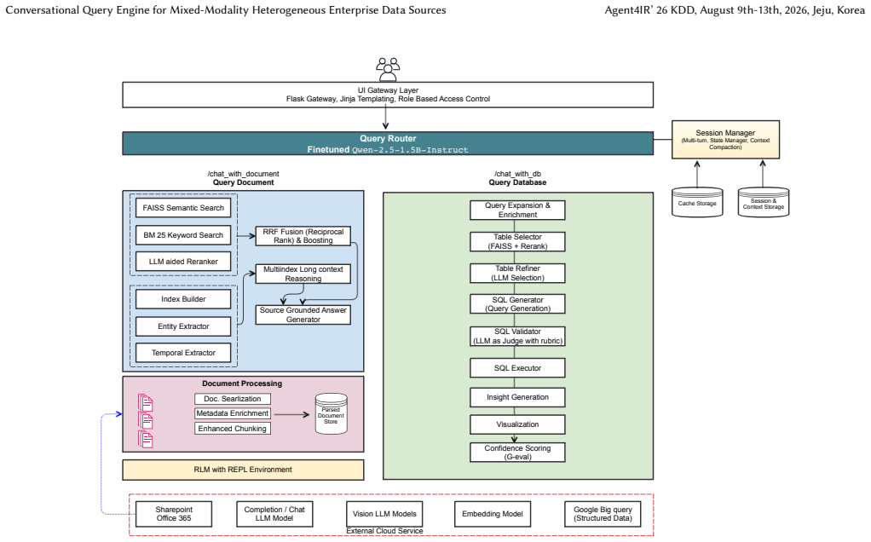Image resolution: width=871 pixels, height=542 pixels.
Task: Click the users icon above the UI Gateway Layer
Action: pos(388,69)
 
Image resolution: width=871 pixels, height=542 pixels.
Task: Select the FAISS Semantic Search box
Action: pos(183,208)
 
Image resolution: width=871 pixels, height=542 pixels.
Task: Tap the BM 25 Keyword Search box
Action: pos(183,235)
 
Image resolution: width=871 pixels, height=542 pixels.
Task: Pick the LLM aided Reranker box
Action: pos(183,262)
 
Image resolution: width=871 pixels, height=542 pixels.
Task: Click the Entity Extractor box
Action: pos(183,326)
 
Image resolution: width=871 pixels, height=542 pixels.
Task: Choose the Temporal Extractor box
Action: pos(183,353)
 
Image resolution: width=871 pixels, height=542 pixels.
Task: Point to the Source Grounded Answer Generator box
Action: pos(303,314)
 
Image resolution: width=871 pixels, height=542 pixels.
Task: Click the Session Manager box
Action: pos(725,140)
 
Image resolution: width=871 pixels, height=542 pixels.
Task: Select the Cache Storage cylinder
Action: pos(697,202)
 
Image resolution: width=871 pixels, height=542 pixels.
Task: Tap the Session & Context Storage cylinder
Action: pos(764,202)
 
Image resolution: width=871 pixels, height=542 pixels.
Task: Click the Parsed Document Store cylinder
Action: pos(331,413)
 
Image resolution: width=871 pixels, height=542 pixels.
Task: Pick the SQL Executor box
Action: pos(517,368)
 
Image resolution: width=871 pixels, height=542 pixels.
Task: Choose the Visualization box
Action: pos(517,424)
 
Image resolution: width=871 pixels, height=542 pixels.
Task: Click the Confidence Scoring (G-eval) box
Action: pos(517,452)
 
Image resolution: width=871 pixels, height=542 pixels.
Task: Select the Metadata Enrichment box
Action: pos(232,413)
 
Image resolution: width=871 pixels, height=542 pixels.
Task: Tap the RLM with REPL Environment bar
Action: pos(243,470)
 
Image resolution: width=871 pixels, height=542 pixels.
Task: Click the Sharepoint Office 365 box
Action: pos(174,514)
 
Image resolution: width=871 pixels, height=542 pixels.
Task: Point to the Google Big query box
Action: pos(603,514)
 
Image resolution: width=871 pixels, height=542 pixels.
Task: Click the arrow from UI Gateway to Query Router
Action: pos(385,118)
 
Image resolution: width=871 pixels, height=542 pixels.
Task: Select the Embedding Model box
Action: pos(493,514)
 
